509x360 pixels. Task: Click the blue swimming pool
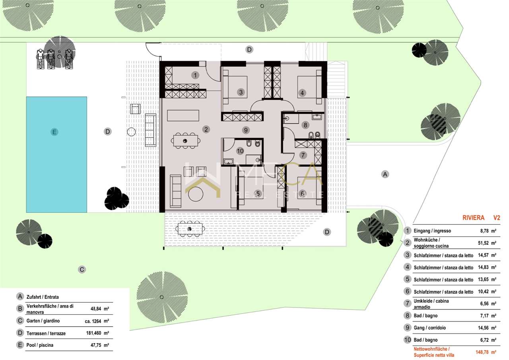pos(56,155)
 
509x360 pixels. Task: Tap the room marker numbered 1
pos(195,75)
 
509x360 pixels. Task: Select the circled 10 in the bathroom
pos(240,151)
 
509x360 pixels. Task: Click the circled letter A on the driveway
pos(385,174)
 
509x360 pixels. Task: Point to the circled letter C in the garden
pos(82,270)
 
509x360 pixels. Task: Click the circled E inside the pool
pos(54,132)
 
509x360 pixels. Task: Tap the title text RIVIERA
pos(474,218)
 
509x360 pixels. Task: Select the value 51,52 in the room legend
pos(483,243)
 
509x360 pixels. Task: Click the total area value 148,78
pos(482,352)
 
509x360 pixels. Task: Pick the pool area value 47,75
pos(96,345)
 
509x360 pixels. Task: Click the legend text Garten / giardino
pos(43,321)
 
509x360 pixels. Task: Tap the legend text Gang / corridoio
pos(430,328)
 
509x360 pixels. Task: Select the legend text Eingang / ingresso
pos(432,231)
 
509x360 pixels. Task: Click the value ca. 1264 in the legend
pos(93,321)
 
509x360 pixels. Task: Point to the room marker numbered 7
pos(303,155)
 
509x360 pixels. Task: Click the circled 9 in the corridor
pos(246,130)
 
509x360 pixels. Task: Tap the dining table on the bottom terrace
pos(190,229)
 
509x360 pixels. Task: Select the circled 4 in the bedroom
pos(302,93)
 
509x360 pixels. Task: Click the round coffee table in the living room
pos(196,194)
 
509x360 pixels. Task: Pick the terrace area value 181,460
pos(93,333)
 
